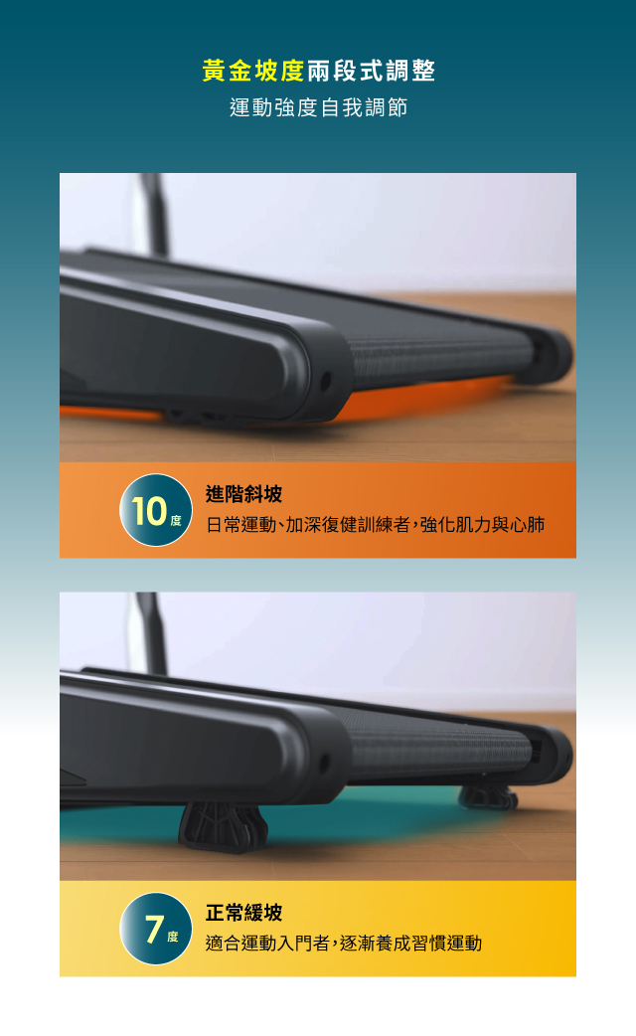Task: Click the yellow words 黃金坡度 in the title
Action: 253,71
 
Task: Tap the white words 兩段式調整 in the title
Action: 371,71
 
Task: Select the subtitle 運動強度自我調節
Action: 318,107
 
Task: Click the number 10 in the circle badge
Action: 149,511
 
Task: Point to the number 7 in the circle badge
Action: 154,929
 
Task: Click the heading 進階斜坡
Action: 243,494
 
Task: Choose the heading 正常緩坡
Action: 243,913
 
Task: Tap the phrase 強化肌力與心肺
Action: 482,525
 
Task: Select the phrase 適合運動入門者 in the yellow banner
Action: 267,943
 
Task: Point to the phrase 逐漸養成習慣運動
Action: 410,943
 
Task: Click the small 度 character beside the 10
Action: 175,521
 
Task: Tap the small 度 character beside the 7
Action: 172,937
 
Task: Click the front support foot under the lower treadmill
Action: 223,826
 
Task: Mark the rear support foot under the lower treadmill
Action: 488,797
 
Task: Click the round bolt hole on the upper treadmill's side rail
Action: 326,381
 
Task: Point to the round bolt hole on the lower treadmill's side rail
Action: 324,764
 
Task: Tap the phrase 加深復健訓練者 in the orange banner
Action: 348,525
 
